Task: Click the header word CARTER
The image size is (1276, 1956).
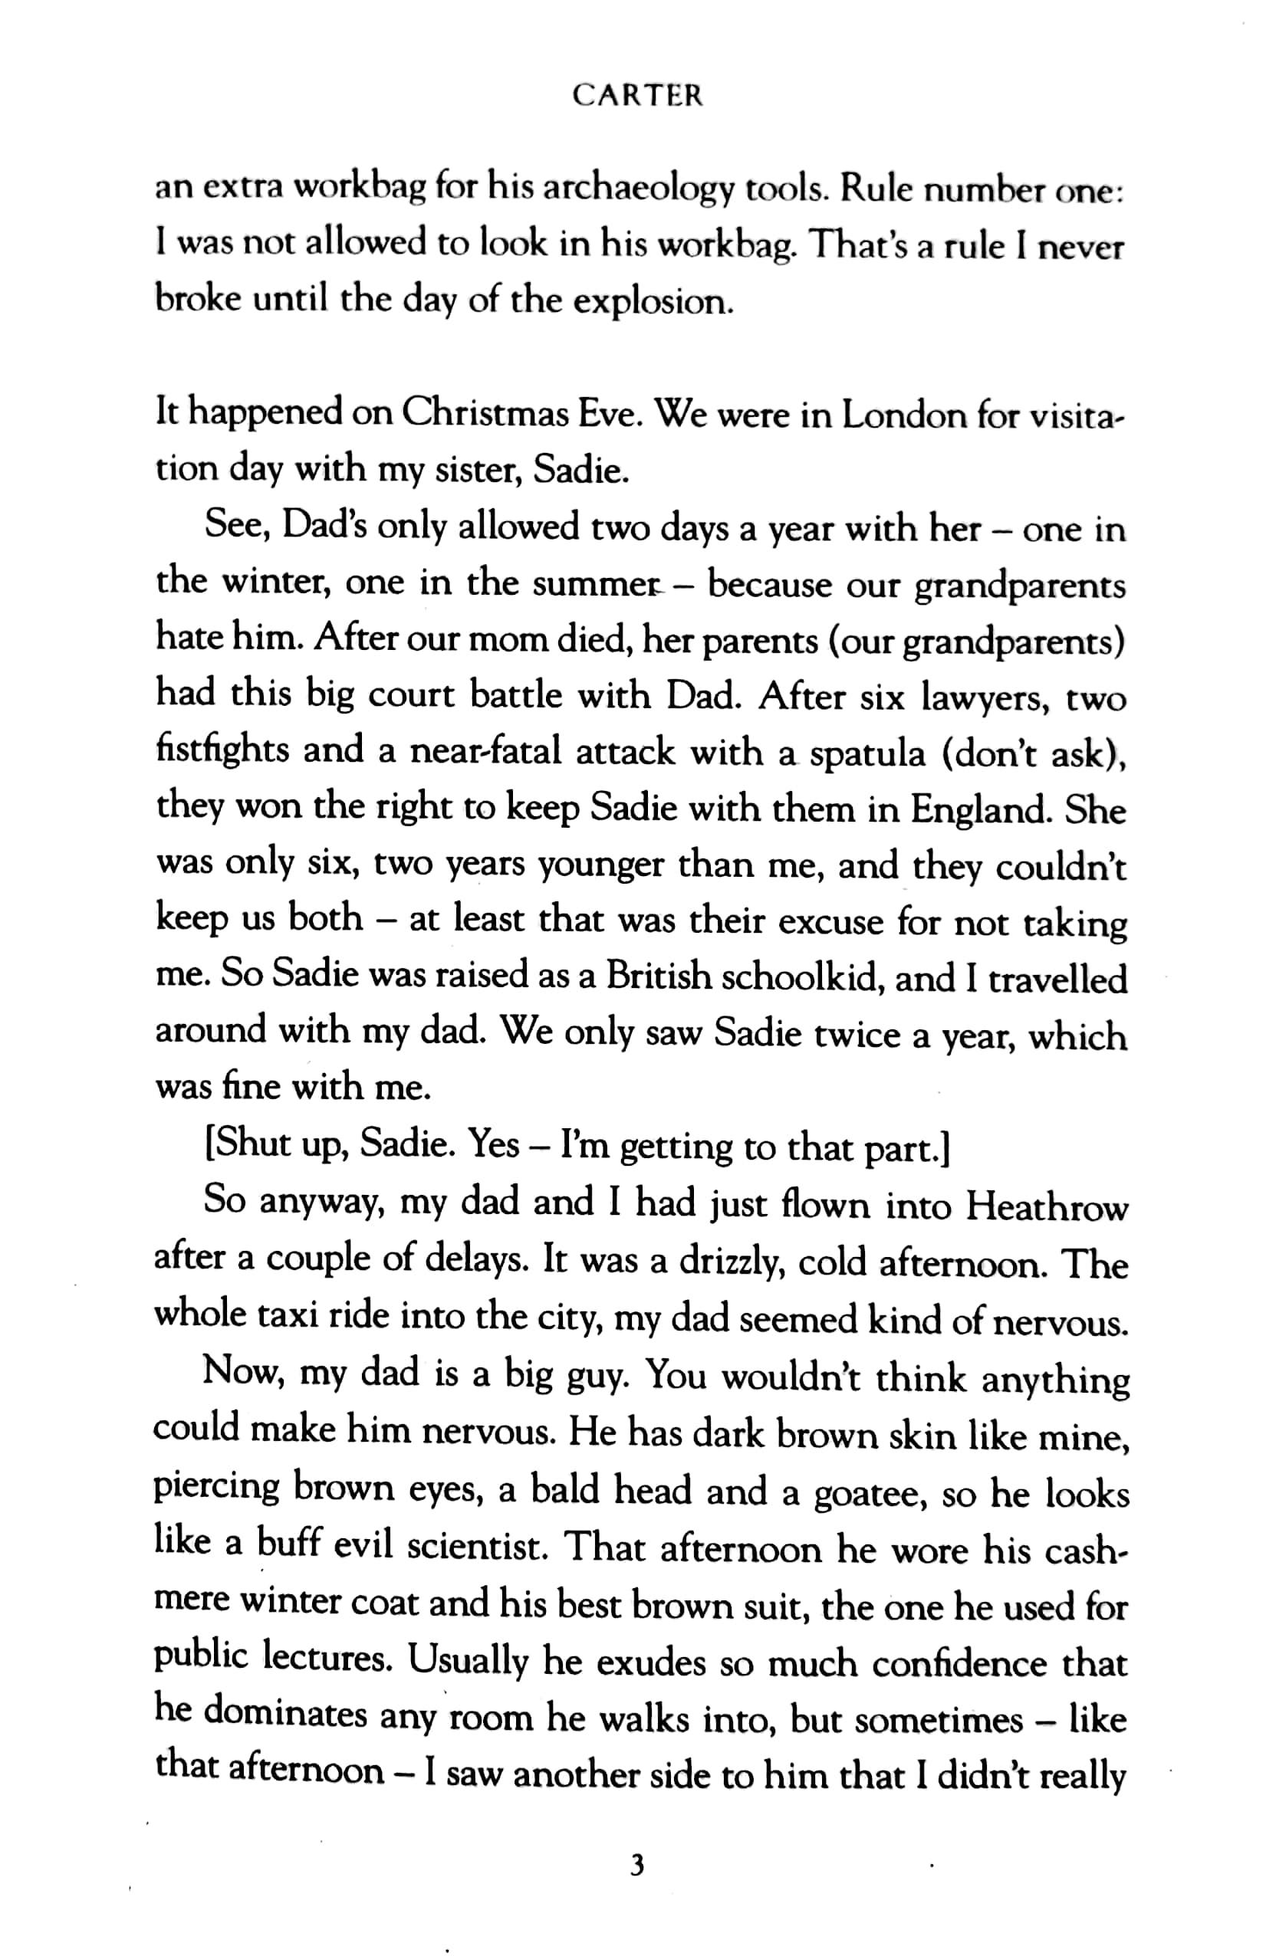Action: [637, 95]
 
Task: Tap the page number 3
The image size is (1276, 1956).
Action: [636, 1866]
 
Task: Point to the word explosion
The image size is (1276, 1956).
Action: [651, 303]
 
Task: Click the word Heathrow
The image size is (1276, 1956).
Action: [1047, 1207]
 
